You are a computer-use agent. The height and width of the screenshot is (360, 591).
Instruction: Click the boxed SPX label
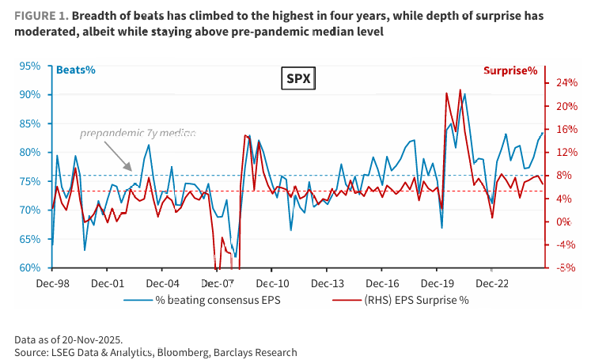pyautogui.click(x=298, y=78)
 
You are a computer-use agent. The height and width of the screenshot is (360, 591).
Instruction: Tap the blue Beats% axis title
pyautogui.click(x=75, y=70)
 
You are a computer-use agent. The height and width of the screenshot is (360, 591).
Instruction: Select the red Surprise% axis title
pyautogui.click(x=510, y=70)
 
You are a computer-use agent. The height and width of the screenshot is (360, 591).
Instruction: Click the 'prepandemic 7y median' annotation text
pyautogui.click(x=138, y=134)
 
